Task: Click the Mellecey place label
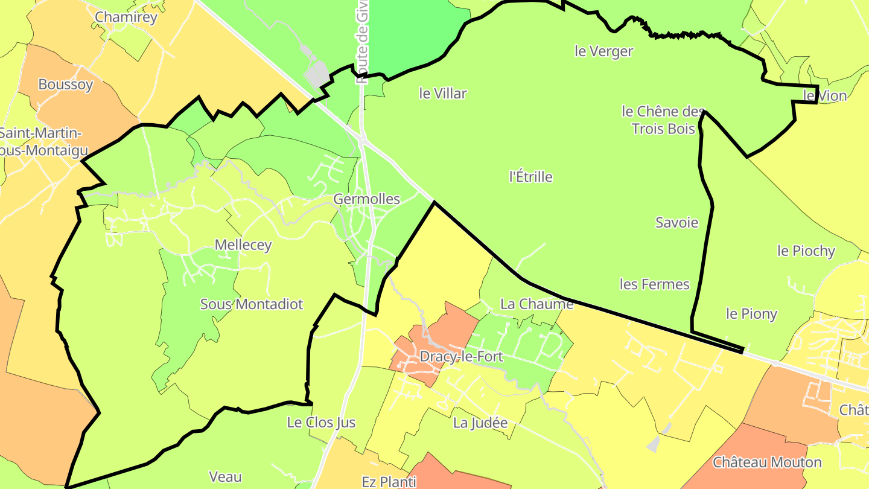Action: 243,245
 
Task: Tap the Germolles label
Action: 367,199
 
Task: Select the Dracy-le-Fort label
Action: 461,357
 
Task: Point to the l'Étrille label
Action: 531,177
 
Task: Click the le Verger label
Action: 604,51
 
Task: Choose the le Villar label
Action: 443,94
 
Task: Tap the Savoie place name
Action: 677,223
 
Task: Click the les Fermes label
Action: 655,284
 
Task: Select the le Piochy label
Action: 806,251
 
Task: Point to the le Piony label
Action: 751,314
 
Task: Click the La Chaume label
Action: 536,304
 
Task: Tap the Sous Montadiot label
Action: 252,304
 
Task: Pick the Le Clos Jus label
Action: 322,423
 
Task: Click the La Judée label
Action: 480,423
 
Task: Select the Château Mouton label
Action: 767,463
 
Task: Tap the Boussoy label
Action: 66,85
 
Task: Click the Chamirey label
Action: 126,17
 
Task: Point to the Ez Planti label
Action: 389,482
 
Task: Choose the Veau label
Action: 225,477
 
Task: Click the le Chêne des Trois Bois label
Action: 663,120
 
